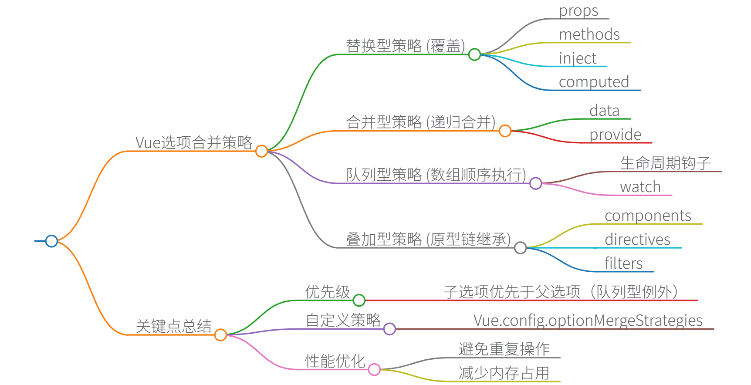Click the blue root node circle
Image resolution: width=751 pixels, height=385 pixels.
[51, 241]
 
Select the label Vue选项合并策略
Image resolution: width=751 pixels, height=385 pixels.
[194, 142]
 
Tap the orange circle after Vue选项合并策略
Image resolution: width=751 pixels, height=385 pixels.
[261, 151]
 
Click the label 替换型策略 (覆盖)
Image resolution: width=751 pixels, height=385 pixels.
[405, 46]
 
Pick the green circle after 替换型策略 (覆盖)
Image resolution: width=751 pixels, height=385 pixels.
[474, 54]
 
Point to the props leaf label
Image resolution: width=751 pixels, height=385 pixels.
[578, 10]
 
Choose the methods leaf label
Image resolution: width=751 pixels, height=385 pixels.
[589, 34]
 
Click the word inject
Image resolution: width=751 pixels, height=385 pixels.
[578, 58]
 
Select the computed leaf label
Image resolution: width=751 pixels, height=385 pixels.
[594, 82]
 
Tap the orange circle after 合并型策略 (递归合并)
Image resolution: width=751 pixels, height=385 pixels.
[505, 131]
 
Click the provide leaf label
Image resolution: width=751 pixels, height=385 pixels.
[615, 135]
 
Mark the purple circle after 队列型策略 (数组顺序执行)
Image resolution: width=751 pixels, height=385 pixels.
[535, 183]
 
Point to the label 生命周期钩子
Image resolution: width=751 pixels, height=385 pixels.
[665, 163]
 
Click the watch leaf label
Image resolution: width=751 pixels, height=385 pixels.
[640, 187]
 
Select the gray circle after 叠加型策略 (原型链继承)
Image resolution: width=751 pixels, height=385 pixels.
[520, 248]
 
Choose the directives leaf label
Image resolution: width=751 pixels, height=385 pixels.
[637, 240]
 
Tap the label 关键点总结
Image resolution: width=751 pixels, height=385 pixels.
[173, 326]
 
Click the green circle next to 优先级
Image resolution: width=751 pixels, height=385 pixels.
[359, 300]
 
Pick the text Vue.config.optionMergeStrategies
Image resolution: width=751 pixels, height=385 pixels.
[588, 321]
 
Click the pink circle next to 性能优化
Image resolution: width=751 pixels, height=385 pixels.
[374, 370]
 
